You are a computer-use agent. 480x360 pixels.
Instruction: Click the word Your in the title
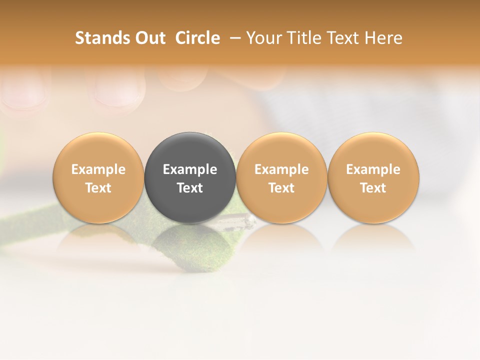click(263, 38)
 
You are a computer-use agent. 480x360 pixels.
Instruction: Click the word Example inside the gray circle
click(190, 169)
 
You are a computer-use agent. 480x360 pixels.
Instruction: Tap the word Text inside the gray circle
click(190, 188)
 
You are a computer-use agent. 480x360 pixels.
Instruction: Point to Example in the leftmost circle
click(98, 169)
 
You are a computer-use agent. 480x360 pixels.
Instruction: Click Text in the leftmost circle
click(98, 188)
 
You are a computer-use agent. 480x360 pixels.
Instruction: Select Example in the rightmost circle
click(373, 169)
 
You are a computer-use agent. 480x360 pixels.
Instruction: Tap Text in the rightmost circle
click(373, 188)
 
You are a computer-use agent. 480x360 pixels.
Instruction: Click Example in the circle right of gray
click(281, 169)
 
